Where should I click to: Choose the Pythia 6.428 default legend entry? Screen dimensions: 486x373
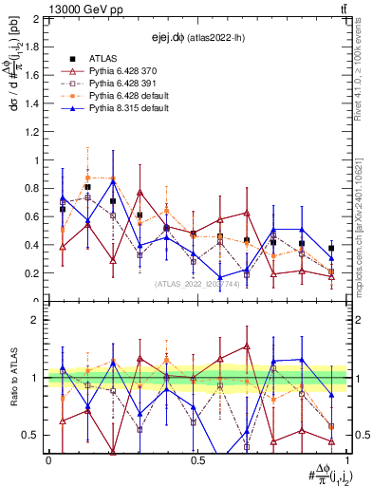click(125, 96)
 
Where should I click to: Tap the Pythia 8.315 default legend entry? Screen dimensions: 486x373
click(125, 109)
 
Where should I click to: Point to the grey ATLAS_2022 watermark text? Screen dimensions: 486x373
click(197, 284)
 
